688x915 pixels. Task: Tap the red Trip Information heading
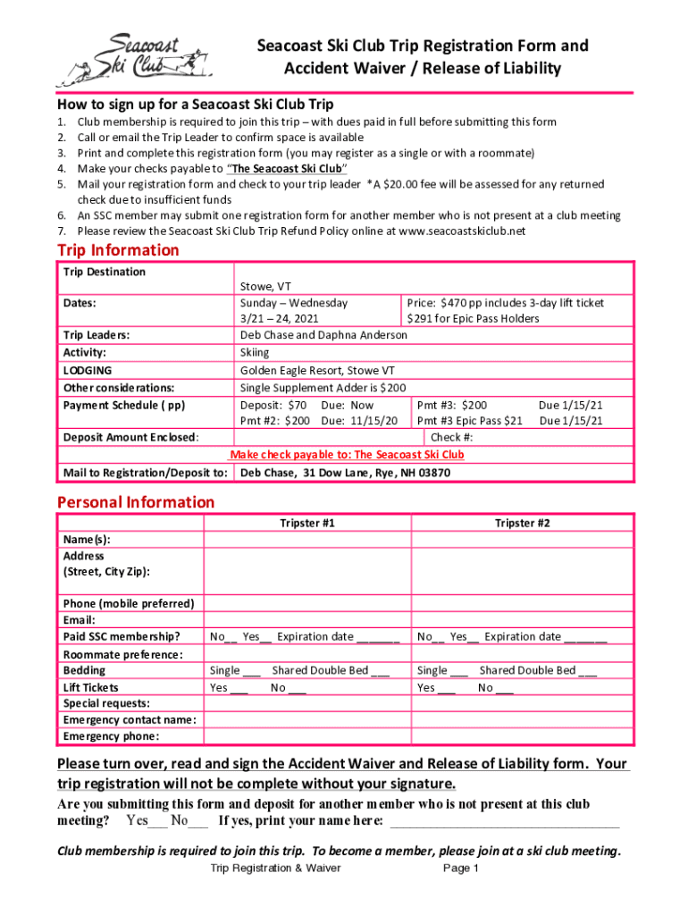[x=118, y=250]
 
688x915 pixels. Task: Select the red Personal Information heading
[x=136, y=502]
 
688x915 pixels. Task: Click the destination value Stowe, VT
[x=265, y=287]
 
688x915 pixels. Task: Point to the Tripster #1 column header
[x=307, y=523]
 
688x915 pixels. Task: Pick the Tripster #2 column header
[x=523, y=523]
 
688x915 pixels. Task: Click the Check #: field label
[x=451, y=438]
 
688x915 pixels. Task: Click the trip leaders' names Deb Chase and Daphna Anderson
[x=323, y=335]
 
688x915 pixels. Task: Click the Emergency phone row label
[x=111, y=736]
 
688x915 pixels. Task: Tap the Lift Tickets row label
[x=90, y=687]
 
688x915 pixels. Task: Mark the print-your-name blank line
[x=505, y=821]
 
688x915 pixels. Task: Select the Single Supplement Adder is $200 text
[x=323, y=388]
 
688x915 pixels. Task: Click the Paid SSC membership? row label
[x=121, y=637]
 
